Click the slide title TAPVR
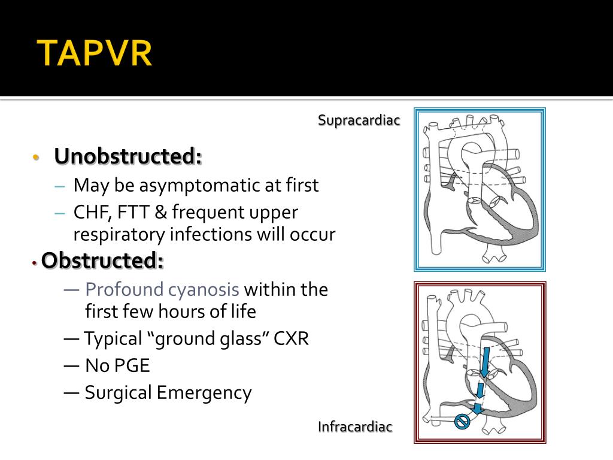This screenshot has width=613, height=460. tap(95, 53)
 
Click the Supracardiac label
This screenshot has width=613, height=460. tap(359, 120)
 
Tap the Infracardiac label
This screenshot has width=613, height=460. tap(355, 426)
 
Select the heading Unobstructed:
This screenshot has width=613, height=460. tap(128, 156)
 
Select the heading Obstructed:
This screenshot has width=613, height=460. tap(102, 261)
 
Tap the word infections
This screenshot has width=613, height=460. tap(213, 234)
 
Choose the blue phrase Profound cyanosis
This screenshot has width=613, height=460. tap(162, 290)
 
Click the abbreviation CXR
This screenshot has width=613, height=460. tap(291, 339)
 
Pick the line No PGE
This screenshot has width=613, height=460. tap(117, 365)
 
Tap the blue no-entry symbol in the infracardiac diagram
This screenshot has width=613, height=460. tap(462, 422)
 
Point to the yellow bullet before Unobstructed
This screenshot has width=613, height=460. tap(36, 158)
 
